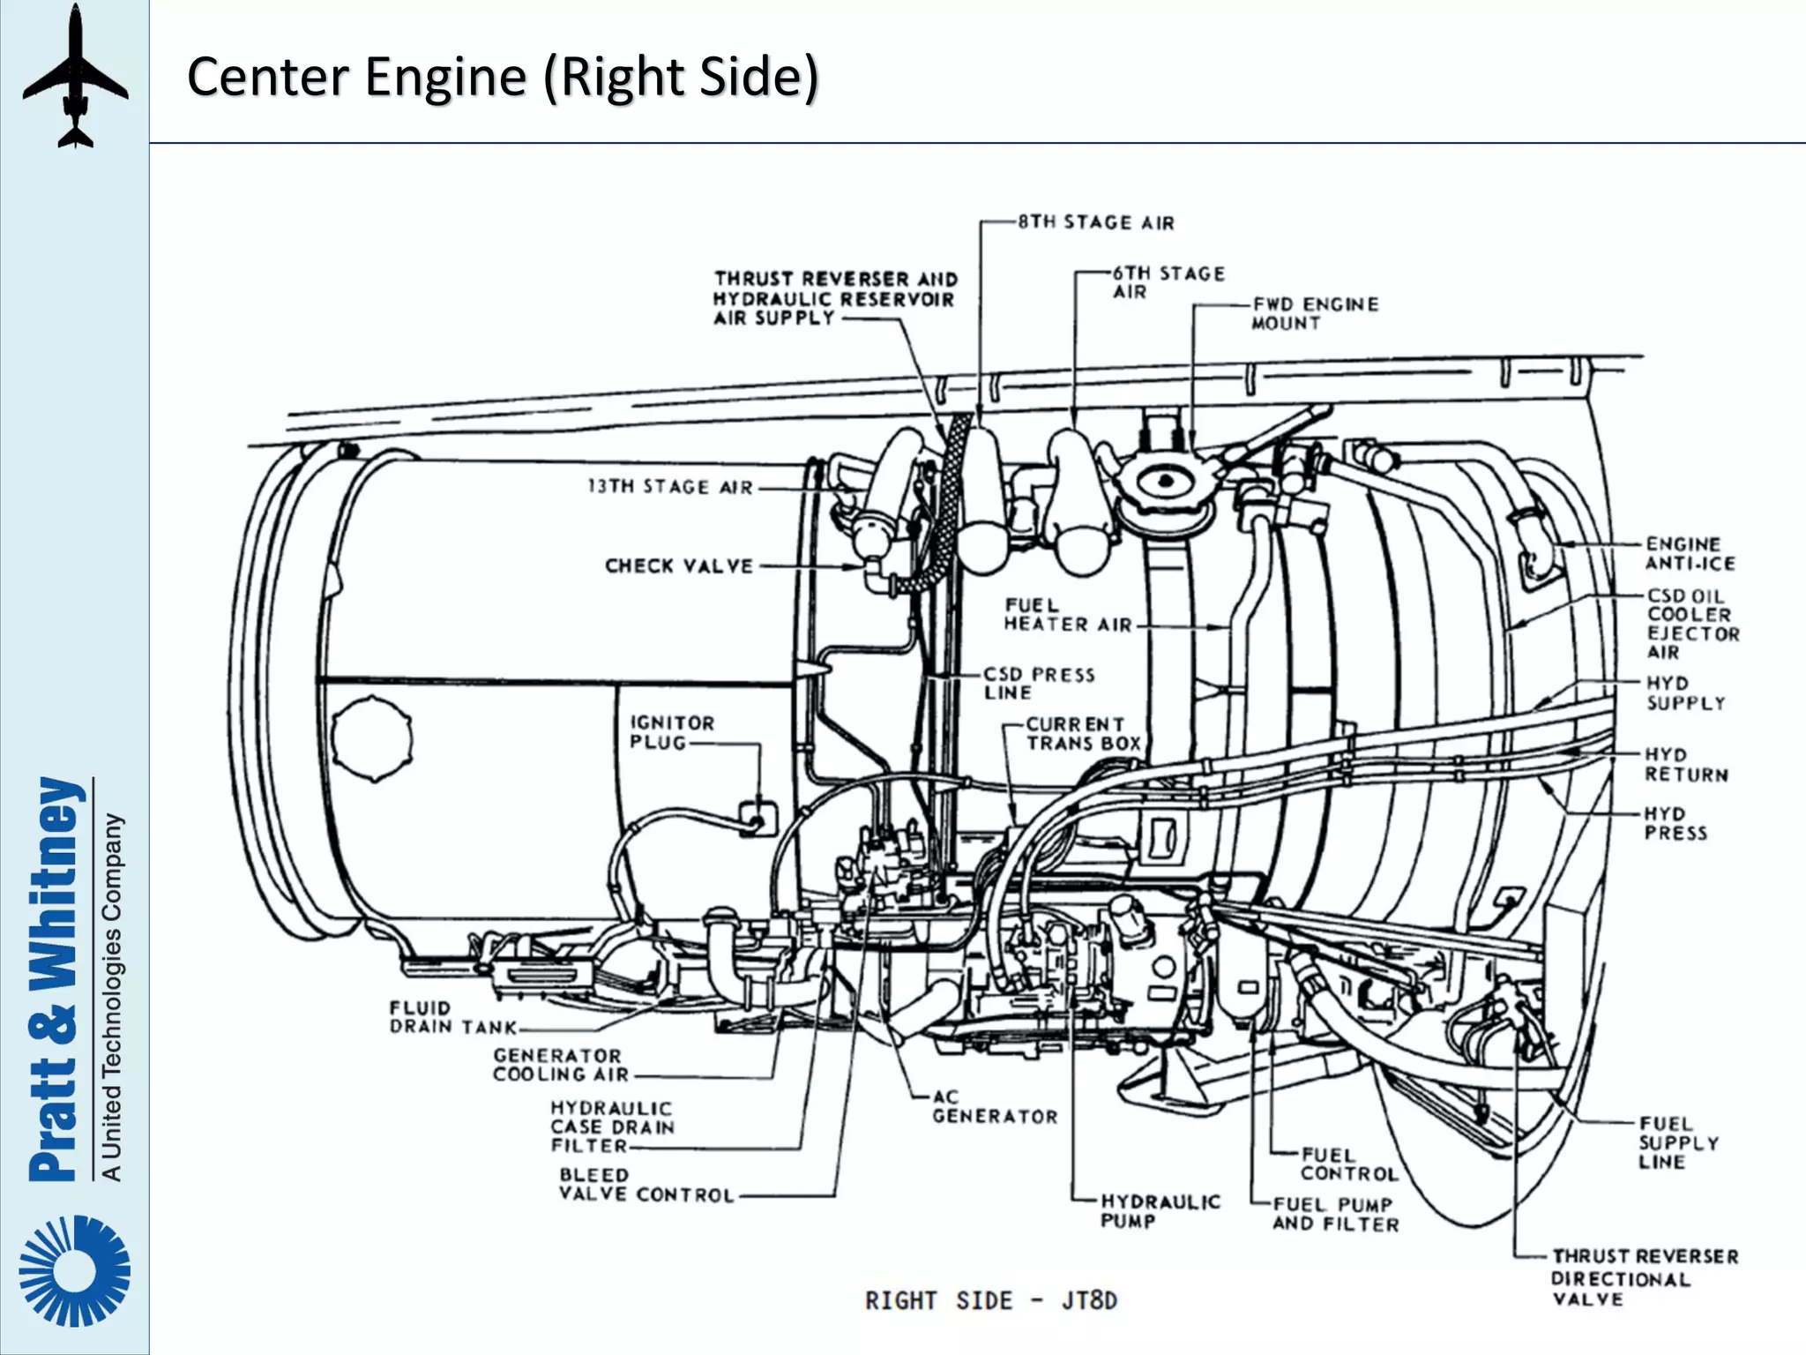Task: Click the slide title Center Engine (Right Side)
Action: pyautogui.click(x=503, y=77)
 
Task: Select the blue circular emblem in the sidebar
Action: pyautogui.click(x=75, y=1270)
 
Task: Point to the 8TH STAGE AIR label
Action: pyautogui.click(x=1095, y=222)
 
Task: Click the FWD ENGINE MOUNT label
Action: pyautogui.click(x=1314, y=314)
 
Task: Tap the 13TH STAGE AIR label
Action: pyautogui.click(x=670, y=487)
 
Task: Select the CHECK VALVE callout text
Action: pyautogui.click(x=679, y=565)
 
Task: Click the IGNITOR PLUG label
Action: pyautogui.click(x=671, y=732)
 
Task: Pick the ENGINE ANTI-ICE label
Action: pyautogui.click(x=1690, y=554)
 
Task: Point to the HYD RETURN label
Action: pyautogui.click(x=1685, y=765)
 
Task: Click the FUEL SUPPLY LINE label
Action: pyautogui.click(x=1678, y=1142)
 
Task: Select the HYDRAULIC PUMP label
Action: pyautogui.click(x=1159, y=1211)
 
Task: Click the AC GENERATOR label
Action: pyautogui.click(x=994, y=1107)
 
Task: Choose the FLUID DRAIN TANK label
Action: pyautogui.click(x=452, y=1017)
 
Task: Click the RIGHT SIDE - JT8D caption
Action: pyautogui.click(x=990, y=1301)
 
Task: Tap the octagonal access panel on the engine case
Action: pyautogui.click(x=372, y=739)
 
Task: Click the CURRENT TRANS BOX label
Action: pyautogui.click(x=1082, y=734)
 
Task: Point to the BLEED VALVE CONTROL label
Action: pyautogui.click(x=646, y=1185)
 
